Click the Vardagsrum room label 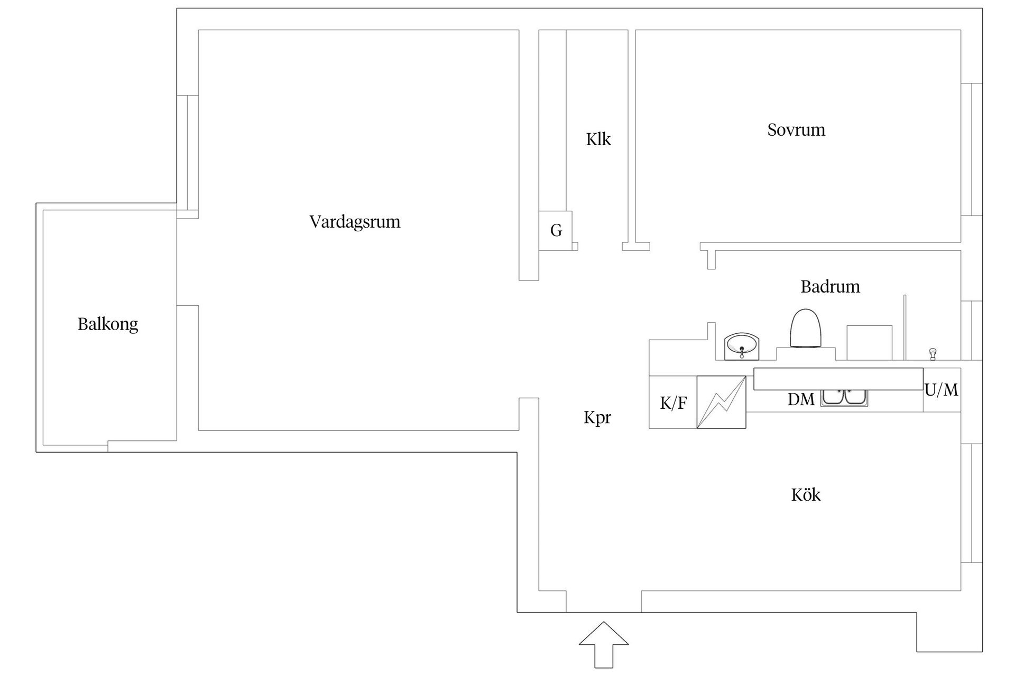click(x=355, y=221)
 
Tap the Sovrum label click(x=796, y=130)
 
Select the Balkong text click(x=108, y=324)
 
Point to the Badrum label click(x=830, y=287)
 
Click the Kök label click(x=806, y=495)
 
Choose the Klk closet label click(x=598, y=139)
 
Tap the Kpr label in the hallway click(x=597, y=417)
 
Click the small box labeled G click(x=556, y=231)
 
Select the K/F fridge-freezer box click(x=673, y=402)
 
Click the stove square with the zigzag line click(x=721, y=402)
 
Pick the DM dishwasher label click(x=801, y=400)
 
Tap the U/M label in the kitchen click(x=941, y=390)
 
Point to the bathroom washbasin click(x=741, y=346)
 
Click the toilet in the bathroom click(x=806, y=328)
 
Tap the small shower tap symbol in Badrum click(x=933, y=354)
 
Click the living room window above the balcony click(x=187, y=153)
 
